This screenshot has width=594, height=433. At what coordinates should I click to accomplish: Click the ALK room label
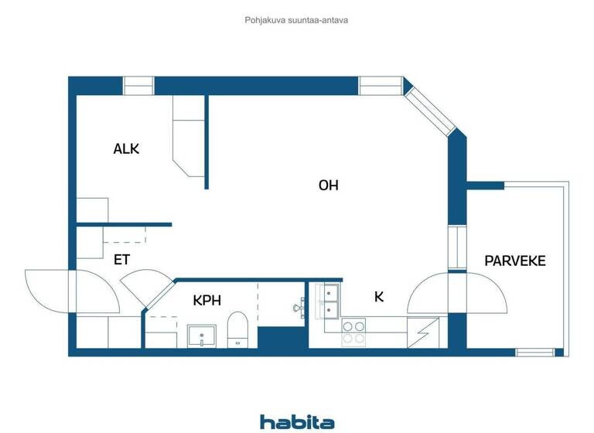pos(126,149)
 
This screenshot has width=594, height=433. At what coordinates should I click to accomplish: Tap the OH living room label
pos(328,186)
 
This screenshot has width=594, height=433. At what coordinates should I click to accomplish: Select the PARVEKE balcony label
pos(515,261)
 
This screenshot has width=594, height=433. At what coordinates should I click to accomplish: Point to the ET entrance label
pos(121,260)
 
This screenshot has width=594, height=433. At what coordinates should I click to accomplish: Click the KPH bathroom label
pos(207,299)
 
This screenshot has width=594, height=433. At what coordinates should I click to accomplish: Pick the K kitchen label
pos(379,296)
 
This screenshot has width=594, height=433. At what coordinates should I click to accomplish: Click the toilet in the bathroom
pos(236,330)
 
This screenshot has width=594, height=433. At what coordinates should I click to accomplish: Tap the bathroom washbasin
pos(202,336)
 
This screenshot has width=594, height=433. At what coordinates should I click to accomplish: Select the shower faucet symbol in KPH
pos(299,308)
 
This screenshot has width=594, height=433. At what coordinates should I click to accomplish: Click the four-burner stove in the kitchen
pos(353,332)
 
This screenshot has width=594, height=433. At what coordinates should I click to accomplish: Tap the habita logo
pos(297,421)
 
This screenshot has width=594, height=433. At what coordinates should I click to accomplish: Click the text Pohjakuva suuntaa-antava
pos(296,20)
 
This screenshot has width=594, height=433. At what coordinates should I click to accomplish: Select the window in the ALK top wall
pos(139,85)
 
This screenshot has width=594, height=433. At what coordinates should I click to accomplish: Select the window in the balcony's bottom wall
pos(535,353)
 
